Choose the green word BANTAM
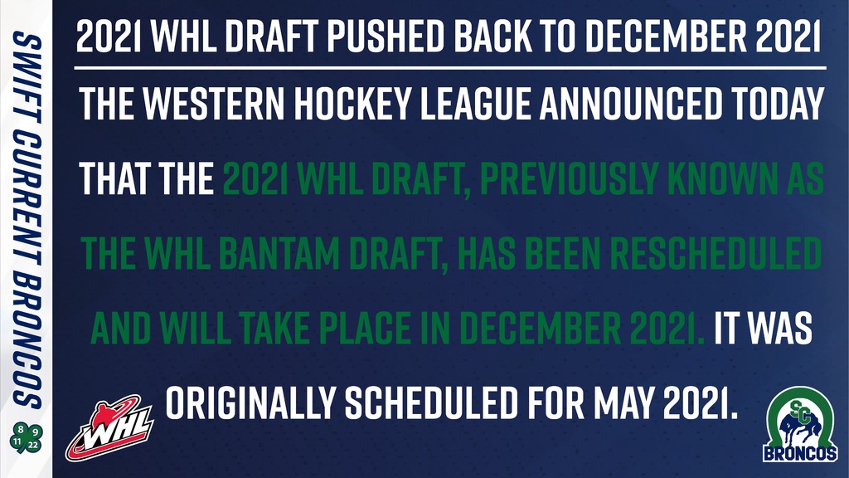(279, 253)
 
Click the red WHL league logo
(110, 428)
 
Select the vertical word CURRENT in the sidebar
(27, 199)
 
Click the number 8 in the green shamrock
(20, 430)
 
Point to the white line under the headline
(450, 68)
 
